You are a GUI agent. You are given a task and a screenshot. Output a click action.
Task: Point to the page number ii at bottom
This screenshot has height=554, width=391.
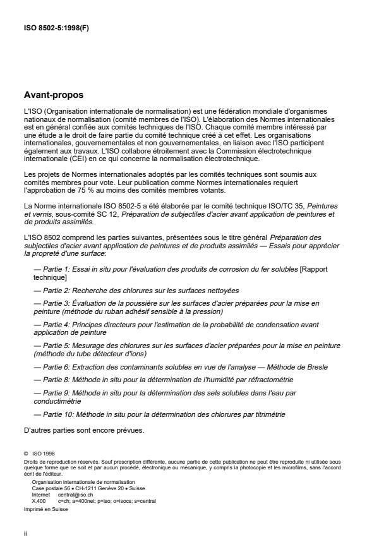[x=23, y=532]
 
